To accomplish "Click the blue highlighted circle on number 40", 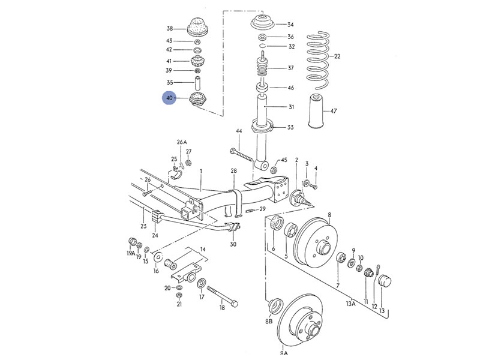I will coord(170,97).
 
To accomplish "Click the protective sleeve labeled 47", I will coord(315,111).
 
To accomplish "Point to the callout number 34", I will coord(290,25).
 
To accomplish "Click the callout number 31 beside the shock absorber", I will coord(291,107).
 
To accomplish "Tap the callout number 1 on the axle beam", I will coord(201,172).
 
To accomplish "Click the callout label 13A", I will coord(351,304).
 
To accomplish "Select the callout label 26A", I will coord(182,142).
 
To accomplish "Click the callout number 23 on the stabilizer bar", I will coord(143,226).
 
